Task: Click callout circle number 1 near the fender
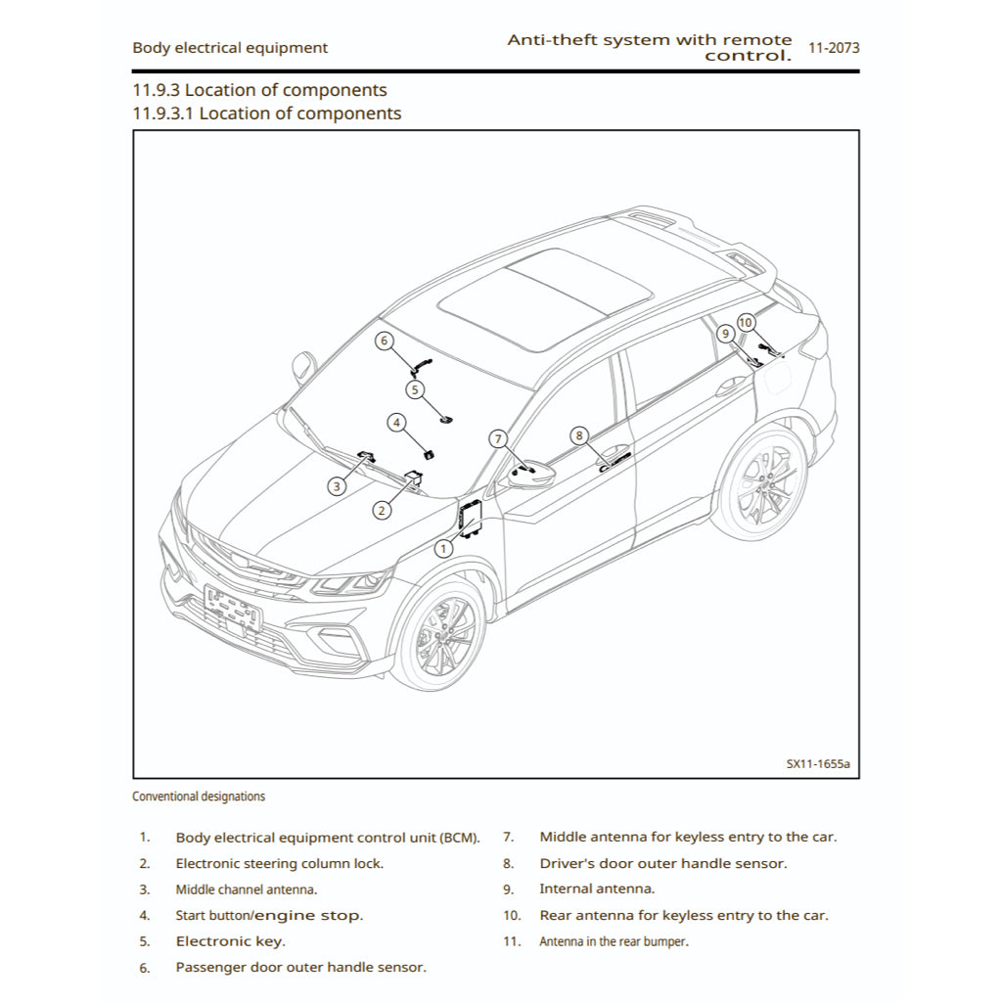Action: coord(443,549)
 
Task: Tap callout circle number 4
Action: coord(396,423)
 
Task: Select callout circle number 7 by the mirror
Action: coord(497,438)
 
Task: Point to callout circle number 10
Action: coord(746,322)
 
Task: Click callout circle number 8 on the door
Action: coord(578,435)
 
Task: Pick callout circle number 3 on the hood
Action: coord(337,485)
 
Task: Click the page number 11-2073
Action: coord(834,47)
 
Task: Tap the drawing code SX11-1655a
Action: coord(817,763)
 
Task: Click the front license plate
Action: coord(234,608)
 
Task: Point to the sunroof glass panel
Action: coord(544,296)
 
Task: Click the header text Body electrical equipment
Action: coord(230,47)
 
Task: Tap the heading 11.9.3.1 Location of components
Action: coord(266,114)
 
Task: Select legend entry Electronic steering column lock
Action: coord(279,864)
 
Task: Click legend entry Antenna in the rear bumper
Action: coord(614,941)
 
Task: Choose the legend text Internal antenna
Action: coord(597,889)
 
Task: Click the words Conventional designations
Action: coord(199,797)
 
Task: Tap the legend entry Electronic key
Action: coord(230,941)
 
